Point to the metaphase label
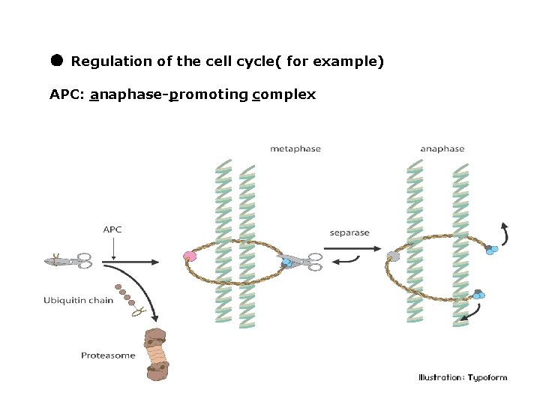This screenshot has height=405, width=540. click(295, 148)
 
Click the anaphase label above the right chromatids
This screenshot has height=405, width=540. click(442, 148)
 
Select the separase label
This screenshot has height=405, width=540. click(349, 232)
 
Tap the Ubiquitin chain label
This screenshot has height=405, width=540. click(79, 301)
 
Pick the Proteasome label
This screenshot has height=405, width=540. click(108, 355)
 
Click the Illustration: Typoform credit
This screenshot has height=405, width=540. click(462, 377)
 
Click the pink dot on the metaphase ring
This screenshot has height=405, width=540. click(189, 256)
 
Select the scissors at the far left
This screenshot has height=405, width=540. click(68, 261)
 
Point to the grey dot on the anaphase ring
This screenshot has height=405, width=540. click(393, 256)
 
